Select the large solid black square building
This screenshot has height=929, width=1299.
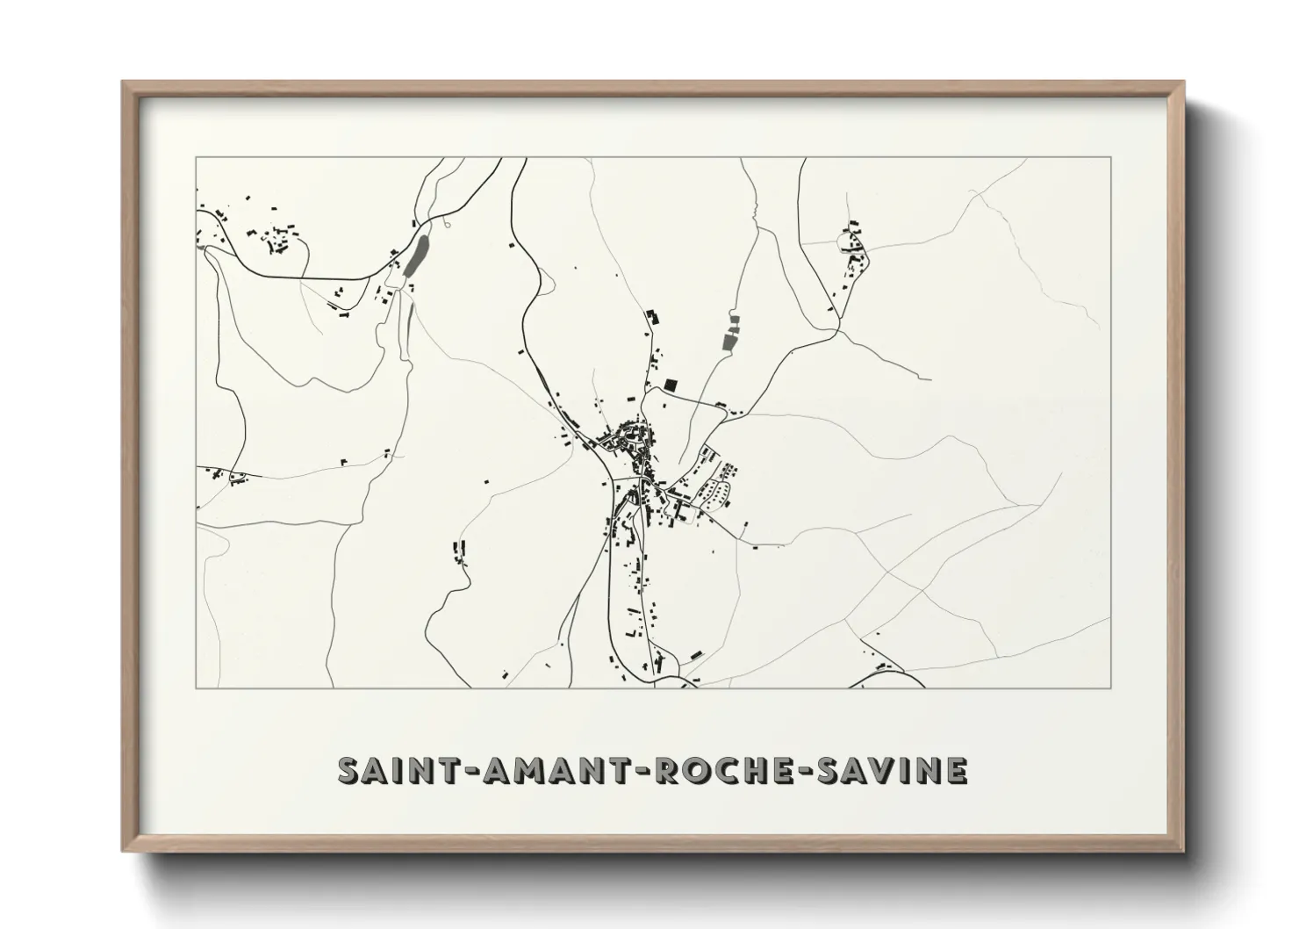(671, 385)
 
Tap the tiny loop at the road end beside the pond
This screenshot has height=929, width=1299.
(447, 225)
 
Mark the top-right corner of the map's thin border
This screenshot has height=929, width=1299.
(1111, 157)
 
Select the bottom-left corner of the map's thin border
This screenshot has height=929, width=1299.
(196, 688)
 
